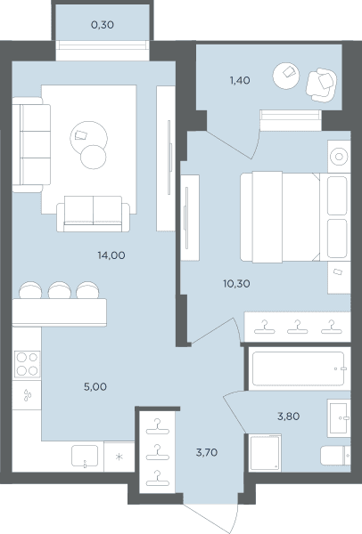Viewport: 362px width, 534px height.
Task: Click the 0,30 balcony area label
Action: click(x=103, y=25)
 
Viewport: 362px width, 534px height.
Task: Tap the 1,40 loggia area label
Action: click(x=240, y=80)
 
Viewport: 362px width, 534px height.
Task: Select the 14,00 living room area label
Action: click(x=111, y=255)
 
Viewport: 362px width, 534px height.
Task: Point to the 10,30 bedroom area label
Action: click(x=236, y=283)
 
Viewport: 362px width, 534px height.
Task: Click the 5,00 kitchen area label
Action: click(x=95, y=386)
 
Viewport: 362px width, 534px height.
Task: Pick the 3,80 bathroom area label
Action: click(x=289, y=417)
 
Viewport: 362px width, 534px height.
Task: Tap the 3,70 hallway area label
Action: click(x=207, y=452)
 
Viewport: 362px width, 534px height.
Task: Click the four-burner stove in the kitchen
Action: click(x=28, y=364)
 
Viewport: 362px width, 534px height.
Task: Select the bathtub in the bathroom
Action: click(x=298, y=368)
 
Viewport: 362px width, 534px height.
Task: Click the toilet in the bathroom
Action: click(x=335, y=456)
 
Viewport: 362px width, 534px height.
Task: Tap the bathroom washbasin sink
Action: click(x=339, y=418)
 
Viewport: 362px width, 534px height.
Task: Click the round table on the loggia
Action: click(x=286, y=76)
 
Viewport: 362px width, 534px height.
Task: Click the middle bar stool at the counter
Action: click(x=60, y=290)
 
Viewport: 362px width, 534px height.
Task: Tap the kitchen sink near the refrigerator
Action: click(x=85, y=456)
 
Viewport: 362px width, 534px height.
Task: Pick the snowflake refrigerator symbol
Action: click(x=119, y=457)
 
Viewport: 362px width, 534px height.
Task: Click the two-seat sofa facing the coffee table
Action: click(x=93, y=214)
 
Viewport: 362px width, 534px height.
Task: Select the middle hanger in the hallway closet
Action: click(x=157, y=452)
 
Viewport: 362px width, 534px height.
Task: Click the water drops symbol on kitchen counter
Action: click(x=28, y=395)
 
